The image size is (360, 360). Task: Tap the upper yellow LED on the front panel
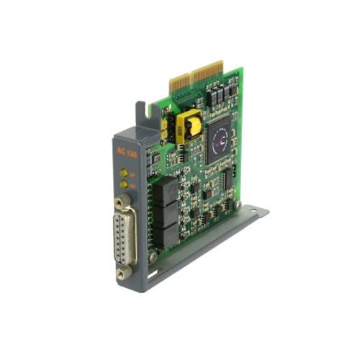click(x=124, y=174)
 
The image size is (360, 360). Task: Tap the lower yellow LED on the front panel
click(x=124, y=184)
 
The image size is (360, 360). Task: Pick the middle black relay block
click(x=166, y=212)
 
